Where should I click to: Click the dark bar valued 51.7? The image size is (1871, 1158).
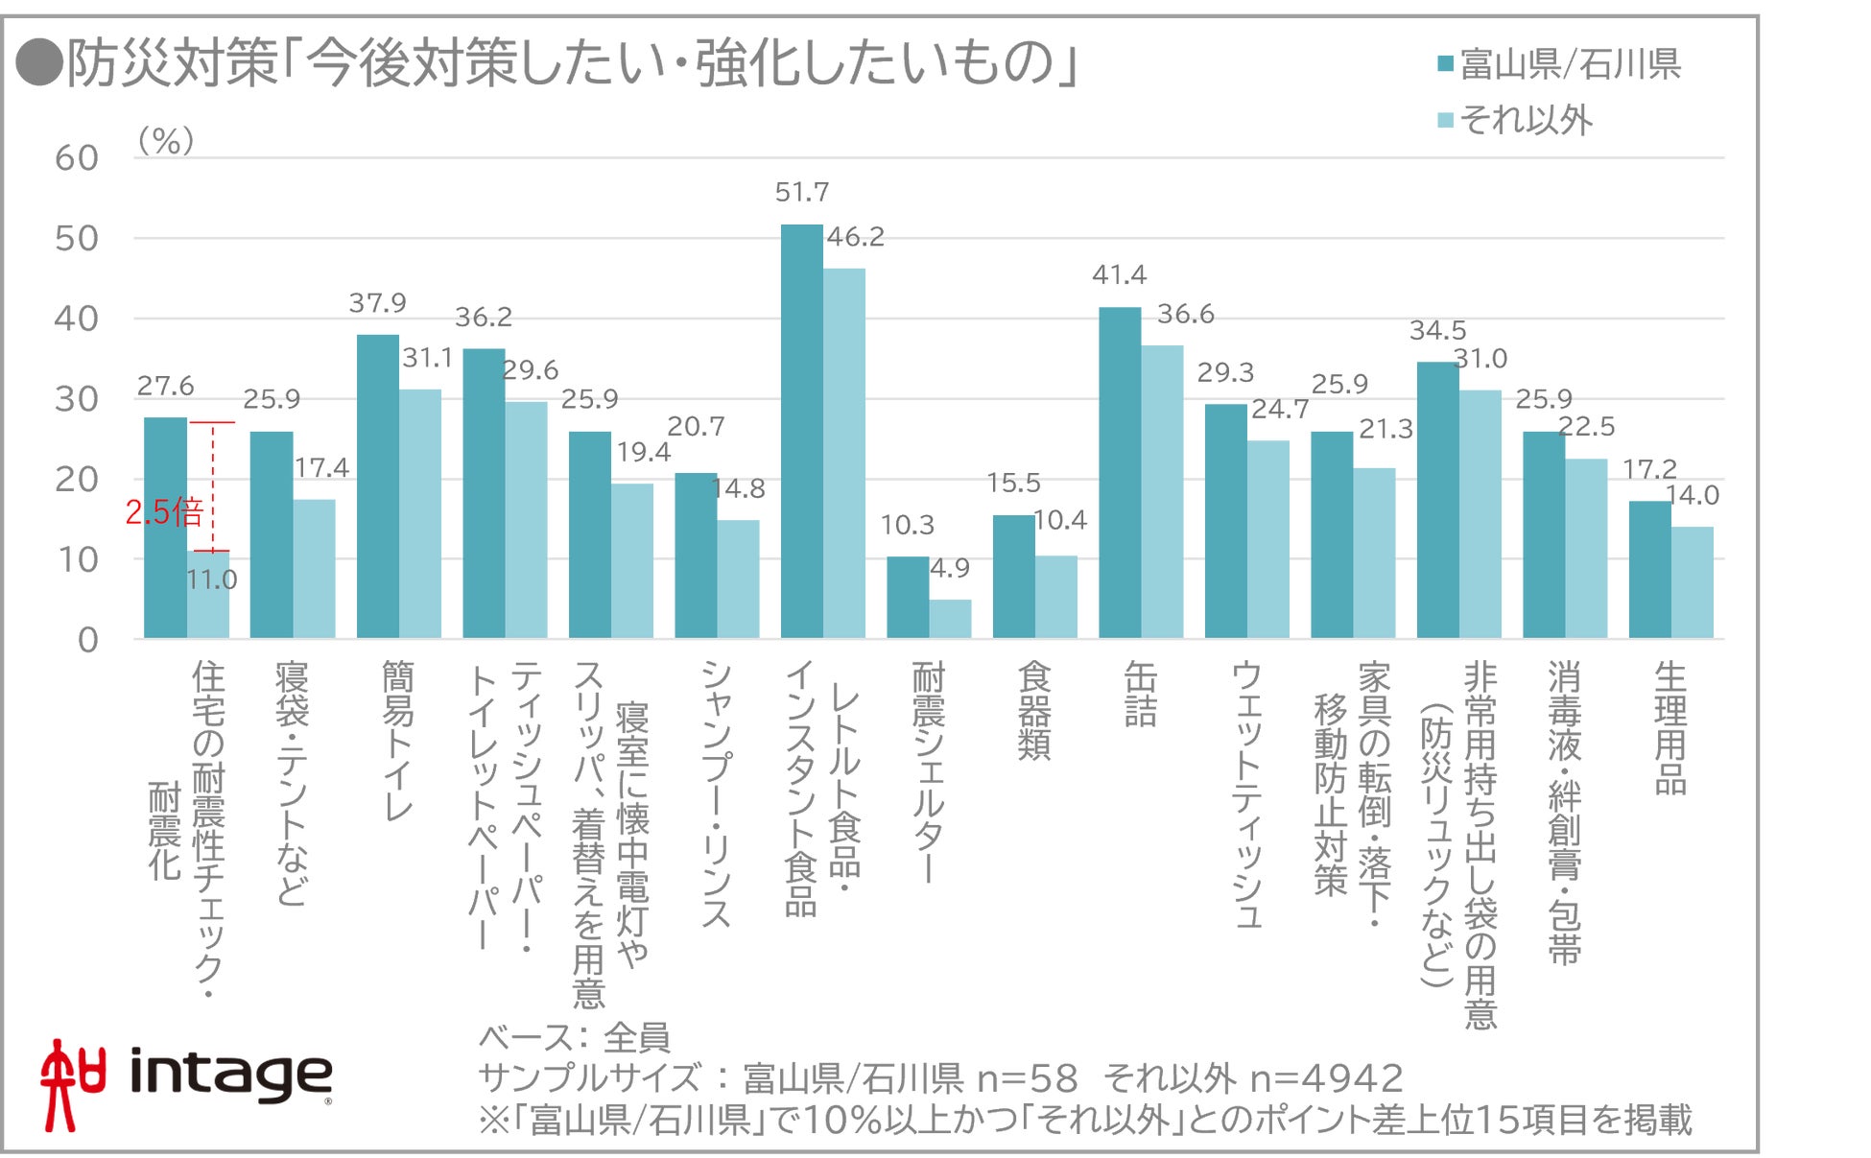801,432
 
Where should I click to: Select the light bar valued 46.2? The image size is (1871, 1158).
844,453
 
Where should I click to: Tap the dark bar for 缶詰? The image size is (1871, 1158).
1119,473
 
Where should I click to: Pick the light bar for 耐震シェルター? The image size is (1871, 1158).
950,619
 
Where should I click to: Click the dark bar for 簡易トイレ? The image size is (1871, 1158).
377,486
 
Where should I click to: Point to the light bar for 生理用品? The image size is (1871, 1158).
1692,582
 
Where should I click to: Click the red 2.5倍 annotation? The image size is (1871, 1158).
164,512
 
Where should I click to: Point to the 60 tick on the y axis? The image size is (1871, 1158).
77,158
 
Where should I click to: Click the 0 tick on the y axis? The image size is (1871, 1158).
87,640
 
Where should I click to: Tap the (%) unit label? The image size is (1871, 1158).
166,141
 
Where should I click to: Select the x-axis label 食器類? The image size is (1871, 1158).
1034,710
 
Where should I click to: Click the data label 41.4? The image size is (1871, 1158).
1119,275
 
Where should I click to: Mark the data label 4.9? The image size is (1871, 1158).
950,568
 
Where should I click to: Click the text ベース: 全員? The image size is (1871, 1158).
574,1037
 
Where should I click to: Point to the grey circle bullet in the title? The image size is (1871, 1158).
39,63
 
